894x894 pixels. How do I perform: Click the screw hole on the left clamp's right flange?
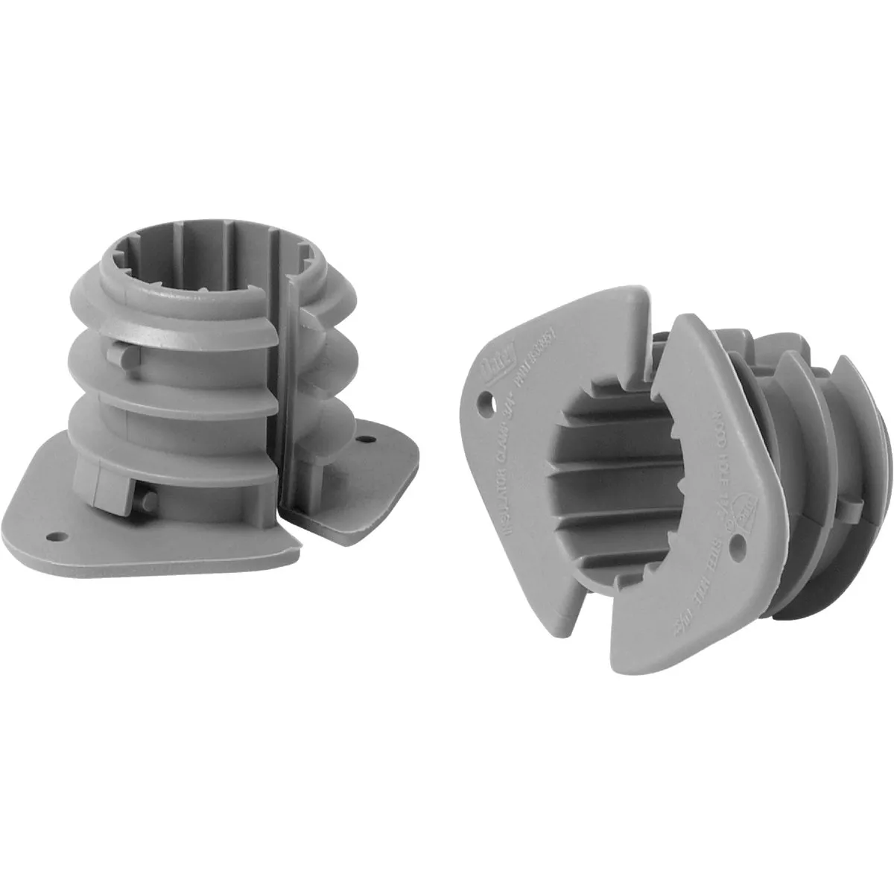(x=367, y=440)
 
